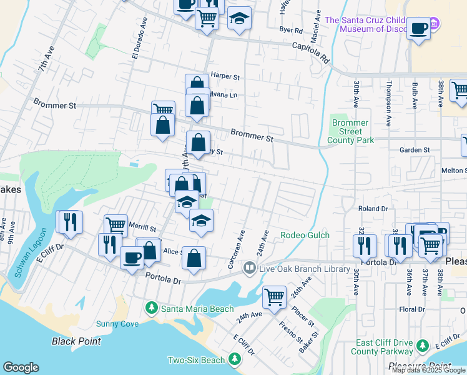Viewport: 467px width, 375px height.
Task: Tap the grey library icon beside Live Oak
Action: click(x=249, y=269)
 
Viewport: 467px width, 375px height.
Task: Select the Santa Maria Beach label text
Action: click(x=197, y=309)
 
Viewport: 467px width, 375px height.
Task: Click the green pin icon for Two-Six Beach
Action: click(x=235, y=359)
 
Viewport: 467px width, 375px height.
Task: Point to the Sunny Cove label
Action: click(x=117, y=324)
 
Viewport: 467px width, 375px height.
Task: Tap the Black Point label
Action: click(x=77, y=341)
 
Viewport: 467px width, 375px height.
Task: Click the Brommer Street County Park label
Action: click(x=350, y=131)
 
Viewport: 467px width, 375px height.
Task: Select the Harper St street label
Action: click(x=225, y=76)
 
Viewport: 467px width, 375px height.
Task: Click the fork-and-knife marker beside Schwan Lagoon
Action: click(x=69, y=222)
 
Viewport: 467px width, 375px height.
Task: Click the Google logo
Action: click(x=21, y=367)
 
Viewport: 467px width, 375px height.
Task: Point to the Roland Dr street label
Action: click(x=373, y=209)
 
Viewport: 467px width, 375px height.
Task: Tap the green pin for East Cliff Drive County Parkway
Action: click(x=423, y=345)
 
